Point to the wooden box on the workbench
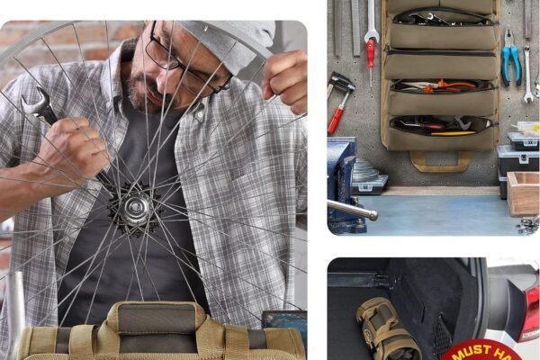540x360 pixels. [523, 193]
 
